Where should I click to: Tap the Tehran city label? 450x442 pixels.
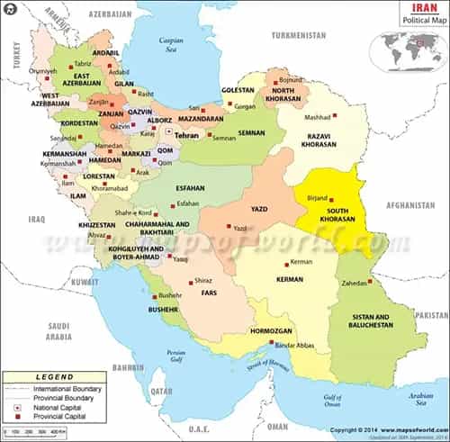point(185,135)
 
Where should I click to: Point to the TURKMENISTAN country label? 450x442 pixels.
point(300,35)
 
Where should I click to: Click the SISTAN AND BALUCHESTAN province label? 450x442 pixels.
point(370,322)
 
